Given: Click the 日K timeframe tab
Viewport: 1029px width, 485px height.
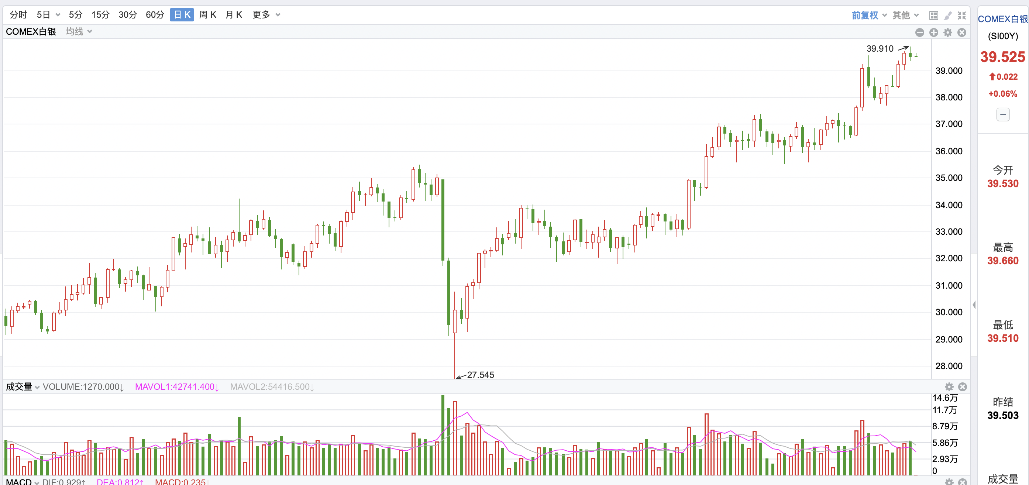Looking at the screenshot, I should click(182, 15).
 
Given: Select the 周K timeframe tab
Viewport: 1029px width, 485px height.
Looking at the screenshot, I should click(208, 15).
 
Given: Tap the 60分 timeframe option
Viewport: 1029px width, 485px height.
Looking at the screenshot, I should click(155, 15).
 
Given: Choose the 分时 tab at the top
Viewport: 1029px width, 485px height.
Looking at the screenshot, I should click(18, 15).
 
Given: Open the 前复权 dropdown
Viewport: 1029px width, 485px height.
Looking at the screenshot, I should click(869, 15).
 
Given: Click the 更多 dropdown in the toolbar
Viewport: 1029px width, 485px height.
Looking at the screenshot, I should click(266, 15).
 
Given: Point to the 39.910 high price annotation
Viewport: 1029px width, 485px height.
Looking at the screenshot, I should click(880, 49).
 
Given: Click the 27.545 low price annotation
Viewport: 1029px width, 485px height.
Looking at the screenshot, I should click(480, 375).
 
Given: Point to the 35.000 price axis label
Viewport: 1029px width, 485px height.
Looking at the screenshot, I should click(949, 178).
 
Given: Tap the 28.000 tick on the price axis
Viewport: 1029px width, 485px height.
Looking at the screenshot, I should click(949, 366).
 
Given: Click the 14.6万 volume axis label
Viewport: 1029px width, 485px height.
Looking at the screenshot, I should click(945, 398).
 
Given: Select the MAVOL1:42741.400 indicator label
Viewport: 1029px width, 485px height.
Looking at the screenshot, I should click(176, 387).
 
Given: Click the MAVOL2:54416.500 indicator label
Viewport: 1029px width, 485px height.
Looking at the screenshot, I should click(272, 387).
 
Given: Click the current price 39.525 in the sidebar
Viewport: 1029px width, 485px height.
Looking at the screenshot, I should click(1003, 57).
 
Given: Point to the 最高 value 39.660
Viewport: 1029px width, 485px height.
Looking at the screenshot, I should click(1003, 261).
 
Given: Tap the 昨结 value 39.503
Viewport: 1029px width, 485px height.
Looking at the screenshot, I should click(1003, 416).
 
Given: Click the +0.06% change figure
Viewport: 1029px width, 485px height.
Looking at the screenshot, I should click(1003, 94).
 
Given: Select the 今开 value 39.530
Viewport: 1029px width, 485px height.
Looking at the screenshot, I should click(1003, 184).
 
